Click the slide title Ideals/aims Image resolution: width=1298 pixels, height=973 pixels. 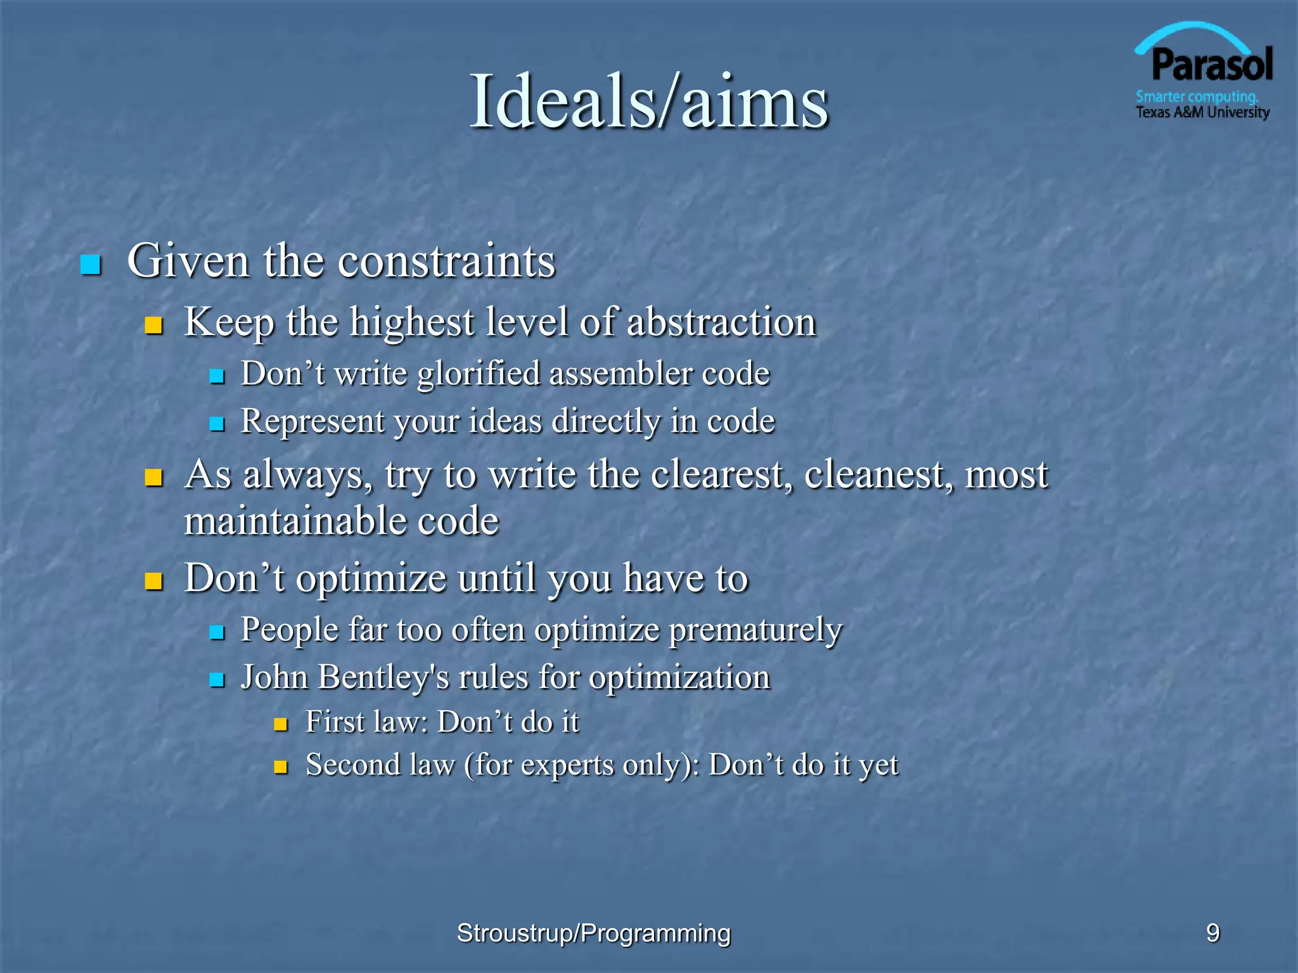[x=648, y=101]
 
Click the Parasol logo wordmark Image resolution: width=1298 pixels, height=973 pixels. [x=1211, y=65]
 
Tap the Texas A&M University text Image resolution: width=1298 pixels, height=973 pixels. [x=1202, y=113]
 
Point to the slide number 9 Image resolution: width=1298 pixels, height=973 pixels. [x=1212, y=933]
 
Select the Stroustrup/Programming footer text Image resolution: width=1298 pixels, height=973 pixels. [x=594, y=933]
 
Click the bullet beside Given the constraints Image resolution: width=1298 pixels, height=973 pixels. [x=91, y=264]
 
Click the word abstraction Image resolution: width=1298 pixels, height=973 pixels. [x=721, y=322]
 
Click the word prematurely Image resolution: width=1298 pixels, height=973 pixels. [x=755, y=630]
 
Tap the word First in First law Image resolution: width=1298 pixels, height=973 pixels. [x=335, y=722]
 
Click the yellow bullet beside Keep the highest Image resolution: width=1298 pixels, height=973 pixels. [x=153, y=326]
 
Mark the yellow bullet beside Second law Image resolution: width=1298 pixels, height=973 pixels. [x=281, y=768]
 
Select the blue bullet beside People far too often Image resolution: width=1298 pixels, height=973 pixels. [x=217, y=632]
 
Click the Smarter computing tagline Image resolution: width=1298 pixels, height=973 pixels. [x=1197, y=97]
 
